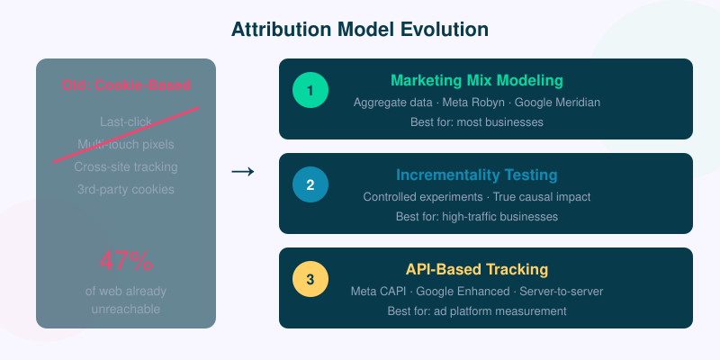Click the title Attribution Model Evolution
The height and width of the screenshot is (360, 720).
pyautogui.click(x=360, y=29)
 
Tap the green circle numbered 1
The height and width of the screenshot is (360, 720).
pyautogui.click(x=310, y=90)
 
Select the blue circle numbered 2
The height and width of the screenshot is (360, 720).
pyautogui.click(x=310, y=184)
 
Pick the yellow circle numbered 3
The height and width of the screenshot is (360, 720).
pyautogui.click(x=310, y=279)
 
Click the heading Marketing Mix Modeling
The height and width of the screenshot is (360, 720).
pyautogui.click(x=476, y=80)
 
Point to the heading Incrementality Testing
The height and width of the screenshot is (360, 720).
pyautogui.click(x=476, y=175)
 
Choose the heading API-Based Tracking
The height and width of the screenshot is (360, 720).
pyautogui.click(x=476, y=269)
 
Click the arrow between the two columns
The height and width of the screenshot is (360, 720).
pyautogui.click(x=243, y=172)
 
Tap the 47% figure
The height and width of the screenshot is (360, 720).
pyautogui.click(x=126, y=262)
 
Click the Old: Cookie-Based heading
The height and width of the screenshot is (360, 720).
pyautogui.click(x=126, y=85)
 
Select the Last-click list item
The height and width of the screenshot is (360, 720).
pyautogui.click(x=126, y=121)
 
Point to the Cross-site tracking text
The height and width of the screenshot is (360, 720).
pyautogui.click(x=126, y=166)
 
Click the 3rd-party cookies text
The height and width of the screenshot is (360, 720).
pyautogui.click(x=126, y=189)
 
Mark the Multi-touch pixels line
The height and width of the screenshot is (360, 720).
pyautogui.click(x=126, y=144)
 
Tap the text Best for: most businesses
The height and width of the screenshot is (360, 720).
pyautogui.click(x=476, y=122)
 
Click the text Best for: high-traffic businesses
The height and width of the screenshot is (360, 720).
pyautogui.click(x=476, y=217)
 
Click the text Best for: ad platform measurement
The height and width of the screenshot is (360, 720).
pyautogui.click(x=476, y=311)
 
